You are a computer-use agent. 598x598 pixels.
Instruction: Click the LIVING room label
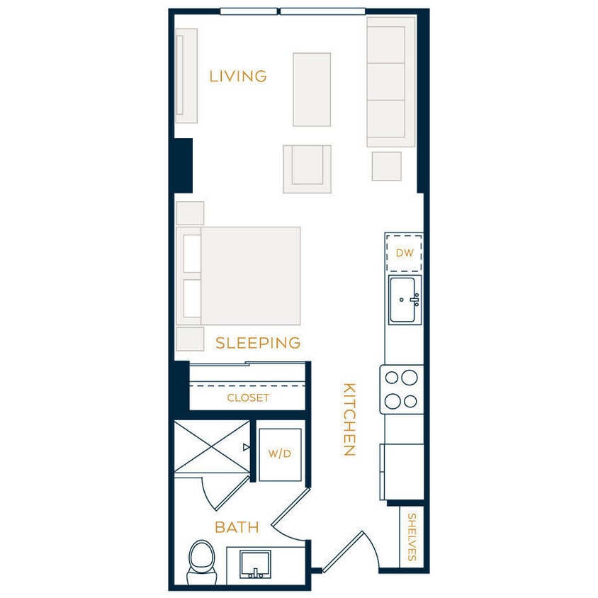[237, 77]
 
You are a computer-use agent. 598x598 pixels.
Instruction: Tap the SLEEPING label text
[258, 343]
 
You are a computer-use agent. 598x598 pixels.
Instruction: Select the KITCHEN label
[349, 419]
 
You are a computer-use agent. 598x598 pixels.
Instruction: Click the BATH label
[237, 527]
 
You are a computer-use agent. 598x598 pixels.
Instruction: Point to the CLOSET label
[248, 398]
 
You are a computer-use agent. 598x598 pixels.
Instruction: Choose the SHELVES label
[412, 537]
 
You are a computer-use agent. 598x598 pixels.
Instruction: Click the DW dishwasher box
[404, 253]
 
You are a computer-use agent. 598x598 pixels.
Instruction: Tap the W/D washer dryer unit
[279, 454]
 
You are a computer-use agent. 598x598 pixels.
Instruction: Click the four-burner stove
[402, 390]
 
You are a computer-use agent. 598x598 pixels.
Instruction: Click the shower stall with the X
[212, 446]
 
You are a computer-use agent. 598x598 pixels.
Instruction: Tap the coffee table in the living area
[312, 89]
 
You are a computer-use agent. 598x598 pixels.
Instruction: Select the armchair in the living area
[307, 169]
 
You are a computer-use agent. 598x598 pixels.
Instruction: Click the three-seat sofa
[390, 81]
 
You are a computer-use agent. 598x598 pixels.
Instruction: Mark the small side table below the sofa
[386, 167]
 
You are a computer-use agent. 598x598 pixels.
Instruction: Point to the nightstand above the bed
[190, 213]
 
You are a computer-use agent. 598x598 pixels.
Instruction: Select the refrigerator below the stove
[402, 472]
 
